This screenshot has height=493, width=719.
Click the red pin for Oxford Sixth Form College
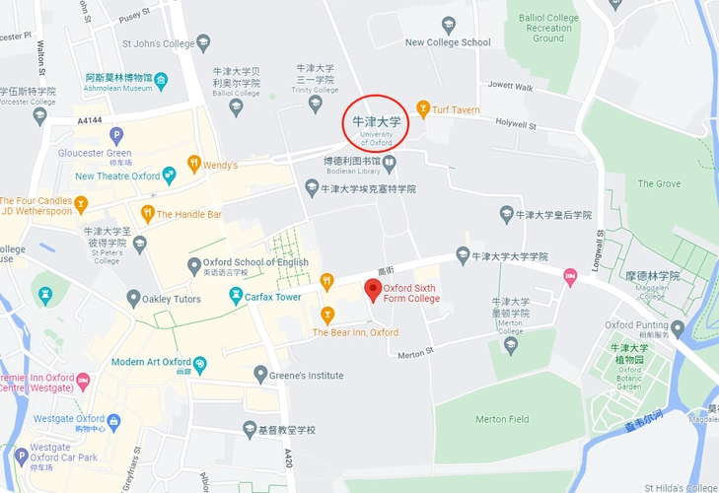click(372, 290)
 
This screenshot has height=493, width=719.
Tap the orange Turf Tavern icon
click(423, 109)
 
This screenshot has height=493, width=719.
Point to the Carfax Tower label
click(272, 297)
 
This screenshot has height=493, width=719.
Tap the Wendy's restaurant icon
click(194, 164)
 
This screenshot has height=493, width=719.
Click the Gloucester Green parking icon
click(116, 135)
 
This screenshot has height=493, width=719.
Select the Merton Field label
click(502, 419)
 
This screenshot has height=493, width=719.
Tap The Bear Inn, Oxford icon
click(327, 315)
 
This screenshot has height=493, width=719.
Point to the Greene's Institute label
click(307, 376)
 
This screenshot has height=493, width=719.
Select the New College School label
click(447, 42)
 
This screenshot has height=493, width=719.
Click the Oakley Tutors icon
click(133, 298)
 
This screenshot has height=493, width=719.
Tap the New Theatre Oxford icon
click(170, 176)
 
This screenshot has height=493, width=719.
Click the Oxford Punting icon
click(677, 328)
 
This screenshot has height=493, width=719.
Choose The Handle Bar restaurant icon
click(147, 213)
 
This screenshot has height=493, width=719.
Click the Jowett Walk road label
click(509, 88)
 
